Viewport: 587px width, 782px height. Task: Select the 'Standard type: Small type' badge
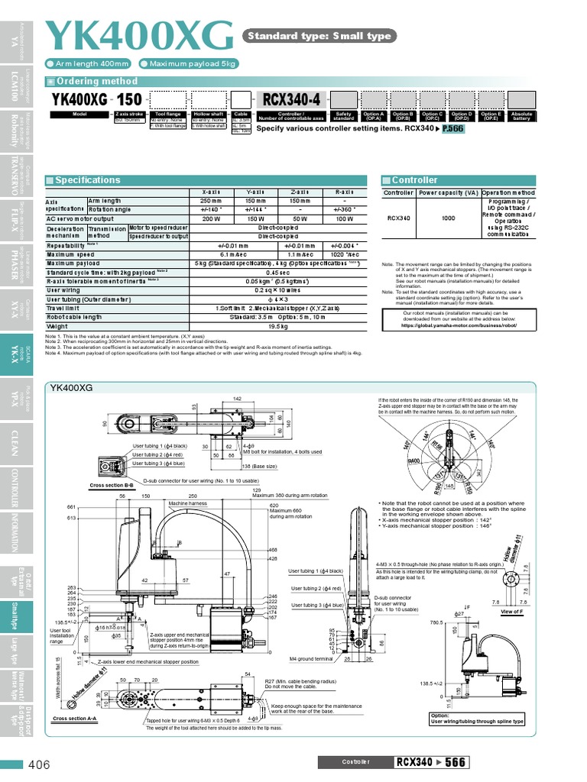click(318, 36)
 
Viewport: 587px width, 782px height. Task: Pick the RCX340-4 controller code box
click(293, 99)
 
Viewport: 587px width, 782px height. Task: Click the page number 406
click(39, 764)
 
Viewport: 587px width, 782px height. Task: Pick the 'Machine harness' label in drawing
click(188, 504)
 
